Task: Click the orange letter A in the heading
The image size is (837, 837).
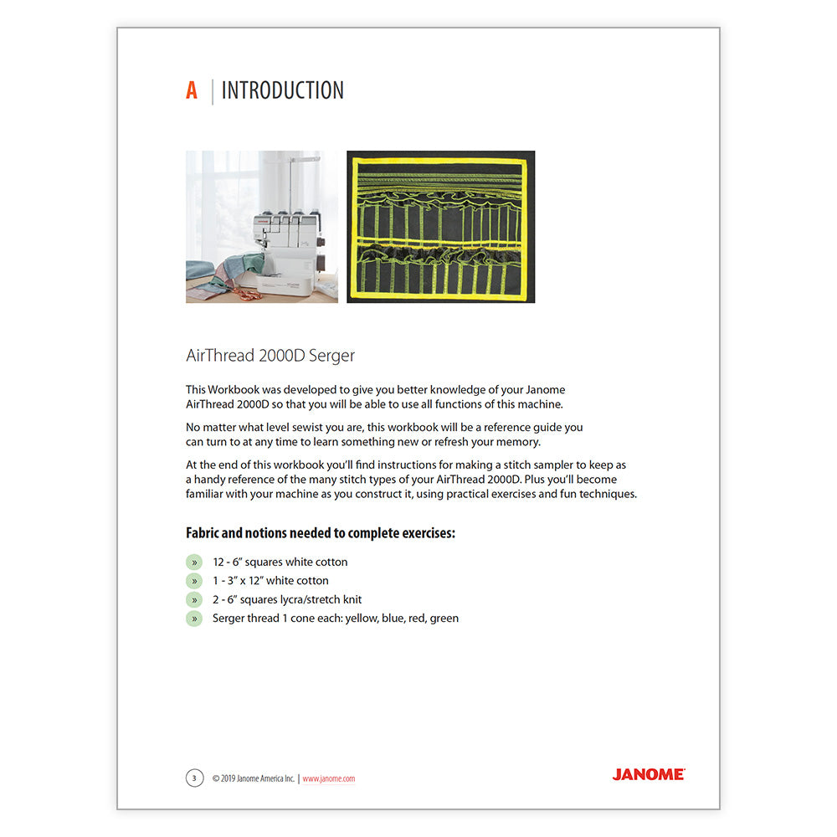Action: [x=192, y=91]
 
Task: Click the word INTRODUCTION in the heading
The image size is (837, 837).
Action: [x=282, y=91]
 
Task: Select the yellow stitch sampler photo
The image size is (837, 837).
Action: [x=440, y=226]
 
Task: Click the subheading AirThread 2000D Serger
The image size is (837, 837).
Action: [x=270, y=356]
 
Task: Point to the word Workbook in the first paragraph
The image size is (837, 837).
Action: [x=236, y=390]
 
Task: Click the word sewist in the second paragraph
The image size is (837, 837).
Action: [x=296, y=427]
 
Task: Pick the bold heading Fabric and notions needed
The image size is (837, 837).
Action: [x=320, y=533]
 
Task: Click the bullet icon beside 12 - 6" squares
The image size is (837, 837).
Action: [x=194, y=562]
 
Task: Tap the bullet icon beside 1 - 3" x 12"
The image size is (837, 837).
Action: [x=194, y=581]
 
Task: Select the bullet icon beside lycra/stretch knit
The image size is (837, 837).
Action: [x=194, y=599]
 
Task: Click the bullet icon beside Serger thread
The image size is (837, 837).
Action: [x=194, y=619]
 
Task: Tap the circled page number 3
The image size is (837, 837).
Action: [x=194, y=778]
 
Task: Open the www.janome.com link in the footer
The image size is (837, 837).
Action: [x=329, y=778]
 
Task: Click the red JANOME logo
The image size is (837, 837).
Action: [x=648, y=775]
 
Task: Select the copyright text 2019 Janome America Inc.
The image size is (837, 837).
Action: [x=253, y=778]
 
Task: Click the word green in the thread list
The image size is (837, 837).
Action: [x=444, y=619]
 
